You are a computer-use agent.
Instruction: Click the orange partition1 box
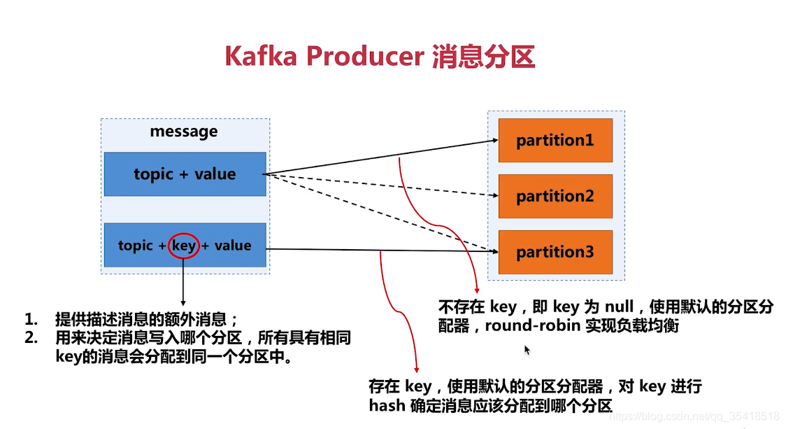point(555,140)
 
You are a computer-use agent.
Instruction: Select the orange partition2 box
point(555,197)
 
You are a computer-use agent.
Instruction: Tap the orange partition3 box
point(555,252)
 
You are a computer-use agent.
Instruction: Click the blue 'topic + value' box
point(185,174)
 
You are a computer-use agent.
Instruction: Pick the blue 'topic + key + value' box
point(185,246)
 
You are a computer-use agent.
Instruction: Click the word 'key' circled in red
point(184,246)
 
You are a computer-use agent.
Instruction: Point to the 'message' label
point(184,132)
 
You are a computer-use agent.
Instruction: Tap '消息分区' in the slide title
point(483,57)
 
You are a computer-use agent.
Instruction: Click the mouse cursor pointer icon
point(527,350)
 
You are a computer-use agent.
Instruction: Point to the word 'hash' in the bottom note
point(386,405)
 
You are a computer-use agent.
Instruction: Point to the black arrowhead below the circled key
point(183,302)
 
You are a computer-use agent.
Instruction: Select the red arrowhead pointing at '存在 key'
point(417,369)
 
